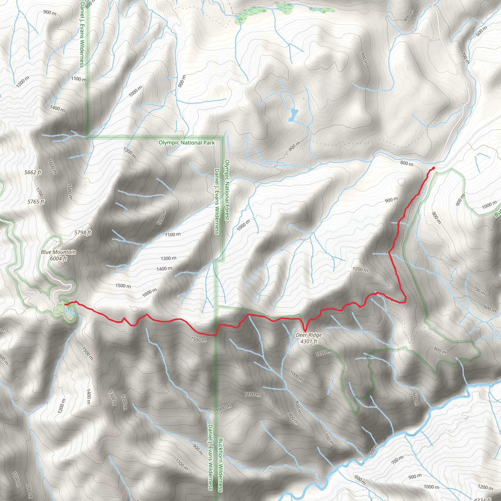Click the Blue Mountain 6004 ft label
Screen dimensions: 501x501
58,255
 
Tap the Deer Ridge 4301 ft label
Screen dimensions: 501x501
308,338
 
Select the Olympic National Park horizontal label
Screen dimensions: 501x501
186,143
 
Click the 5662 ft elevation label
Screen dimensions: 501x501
33,172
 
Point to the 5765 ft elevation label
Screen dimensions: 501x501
36,202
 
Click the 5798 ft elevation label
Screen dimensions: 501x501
83,232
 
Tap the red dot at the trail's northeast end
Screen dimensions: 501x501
433,168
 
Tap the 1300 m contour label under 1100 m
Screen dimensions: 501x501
168,258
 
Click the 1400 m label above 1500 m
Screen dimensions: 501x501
164,269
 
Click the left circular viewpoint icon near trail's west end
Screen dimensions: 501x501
66,310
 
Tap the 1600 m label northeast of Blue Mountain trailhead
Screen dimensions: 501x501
149,293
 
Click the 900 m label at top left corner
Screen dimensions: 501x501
50,12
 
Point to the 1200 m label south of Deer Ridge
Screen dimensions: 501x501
323,353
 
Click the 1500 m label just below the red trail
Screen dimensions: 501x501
198,340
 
